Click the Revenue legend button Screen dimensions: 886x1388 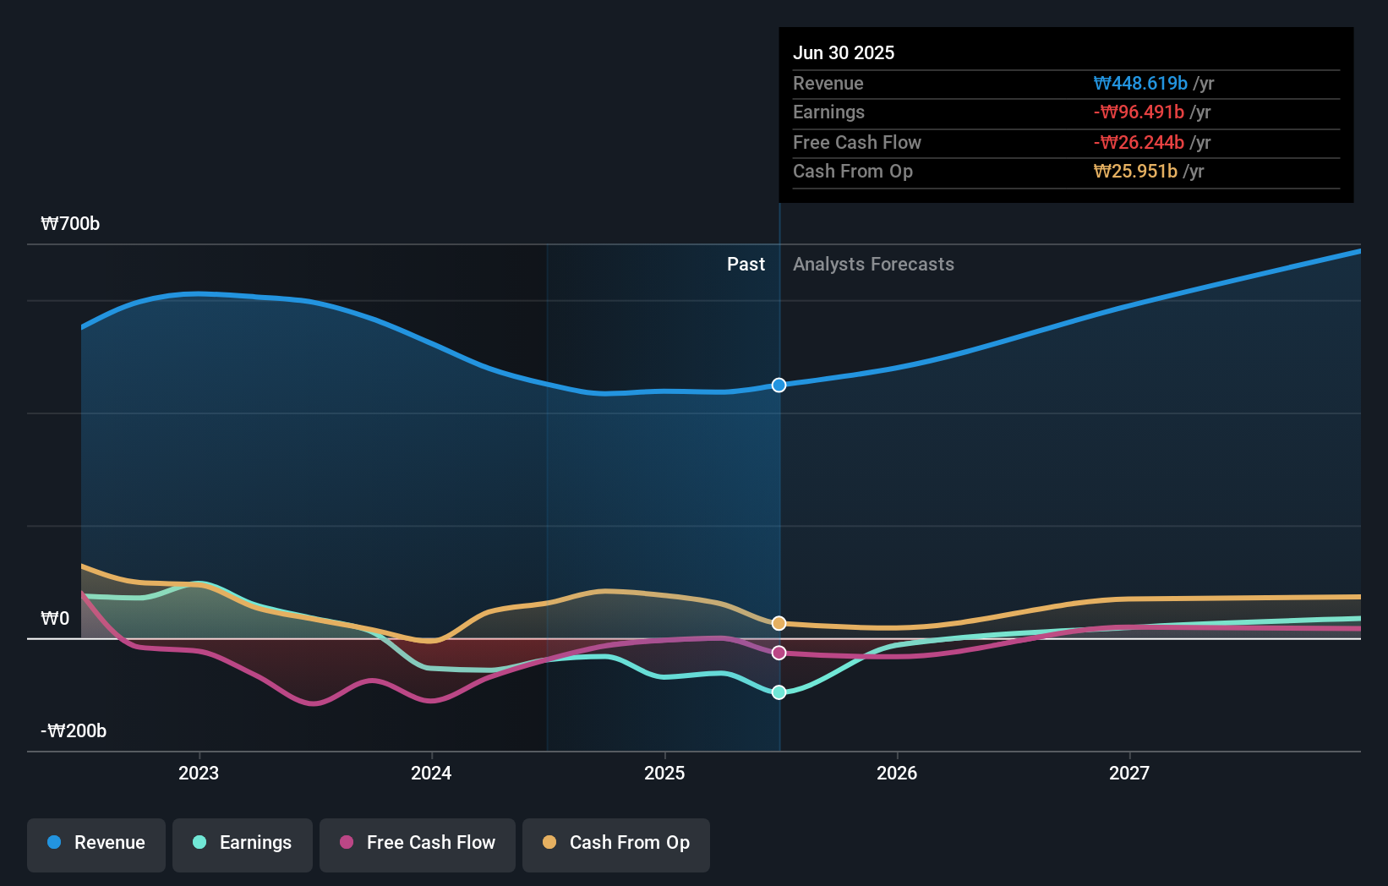96,843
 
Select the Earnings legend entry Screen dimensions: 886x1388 243,843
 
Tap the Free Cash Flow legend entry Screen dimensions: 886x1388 418,843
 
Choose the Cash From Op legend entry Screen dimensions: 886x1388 616,843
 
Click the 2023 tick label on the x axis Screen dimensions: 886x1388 199,773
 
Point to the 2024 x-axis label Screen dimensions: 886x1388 431,773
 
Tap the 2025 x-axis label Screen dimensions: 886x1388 664,773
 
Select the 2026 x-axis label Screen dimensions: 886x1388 897,773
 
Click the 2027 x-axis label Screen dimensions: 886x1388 1129,773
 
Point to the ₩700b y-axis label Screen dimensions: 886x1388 70,223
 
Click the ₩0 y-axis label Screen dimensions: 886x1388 55,618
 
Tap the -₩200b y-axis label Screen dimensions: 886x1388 74,730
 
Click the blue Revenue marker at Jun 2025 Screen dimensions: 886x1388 779,385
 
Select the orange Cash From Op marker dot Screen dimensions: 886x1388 779,623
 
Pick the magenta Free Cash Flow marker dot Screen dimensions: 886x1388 779,653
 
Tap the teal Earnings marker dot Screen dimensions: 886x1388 779,692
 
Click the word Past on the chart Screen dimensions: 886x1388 746,265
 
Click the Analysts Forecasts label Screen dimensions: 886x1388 873,265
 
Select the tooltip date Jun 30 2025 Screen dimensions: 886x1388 843,52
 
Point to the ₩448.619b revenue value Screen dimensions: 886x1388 1140,83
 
